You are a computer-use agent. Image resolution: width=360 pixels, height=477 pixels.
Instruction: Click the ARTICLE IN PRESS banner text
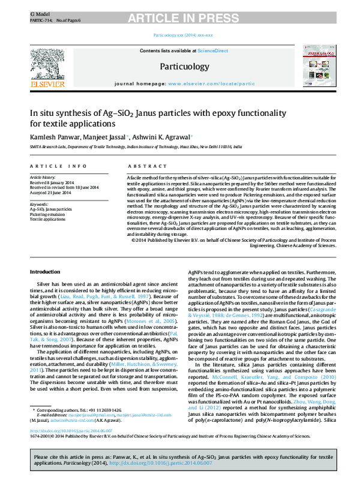pos(180,8)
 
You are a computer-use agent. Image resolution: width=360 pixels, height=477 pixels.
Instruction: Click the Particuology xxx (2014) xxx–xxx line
pos(179,35)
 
